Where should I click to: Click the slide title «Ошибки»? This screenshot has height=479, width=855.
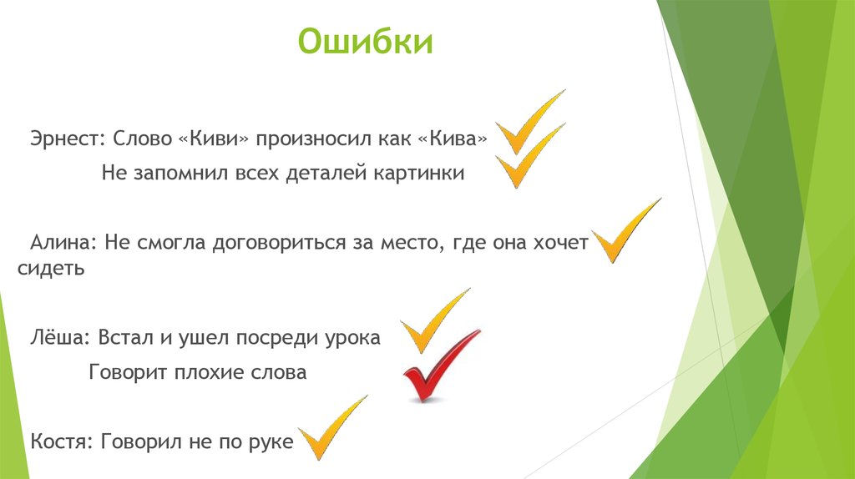point(366,43)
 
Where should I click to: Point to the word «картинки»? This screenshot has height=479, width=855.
point(423,174)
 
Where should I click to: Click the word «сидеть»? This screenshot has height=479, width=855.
point(51,270)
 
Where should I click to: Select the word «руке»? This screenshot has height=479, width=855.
point(271,442)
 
